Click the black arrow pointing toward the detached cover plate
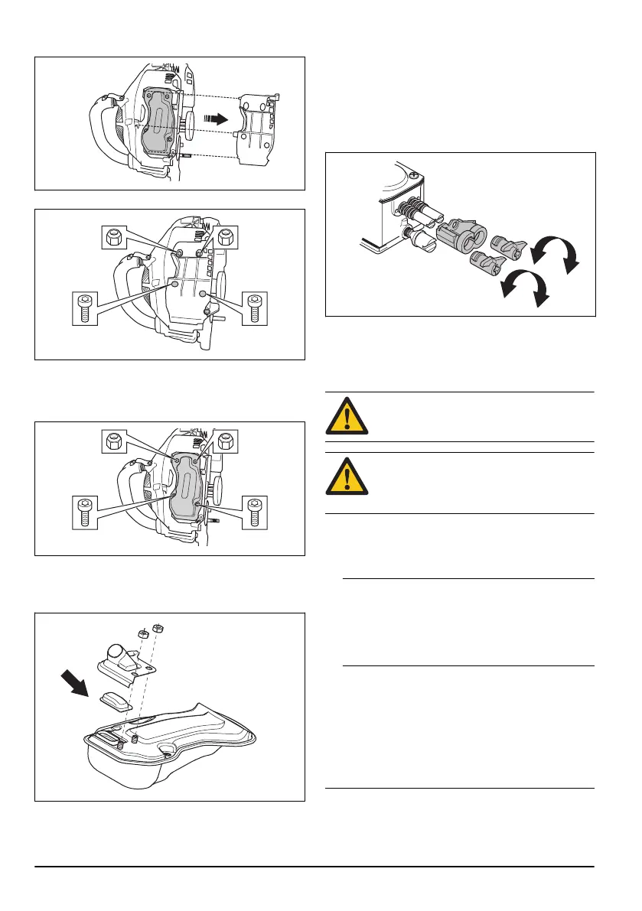(x=220, y=119)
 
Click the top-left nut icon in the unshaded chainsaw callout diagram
(x=113, y=236)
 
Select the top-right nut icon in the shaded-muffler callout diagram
(x=226, y=441)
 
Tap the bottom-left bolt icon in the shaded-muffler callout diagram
(x=85, y=510)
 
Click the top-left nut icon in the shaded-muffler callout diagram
(x=113, y=441)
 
